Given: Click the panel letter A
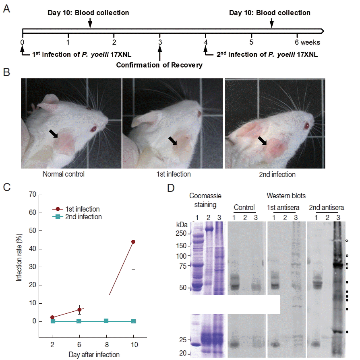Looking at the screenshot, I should click(6, 8).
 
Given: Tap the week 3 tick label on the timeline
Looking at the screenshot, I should click(160, 42).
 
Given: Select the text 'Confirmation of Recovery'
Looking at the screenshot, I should click(159, 65).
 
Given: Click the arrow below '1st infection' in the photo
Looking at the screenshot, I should click(173, 140).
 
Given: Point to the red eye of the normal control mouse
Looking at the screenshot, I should click(93, 129).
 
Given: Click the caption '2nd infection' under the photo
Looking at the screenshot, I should click(277, 175).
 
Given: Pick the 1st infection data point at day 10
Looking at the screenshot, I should click(133, 242).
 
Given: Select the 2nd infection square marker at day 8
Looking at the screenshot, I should click(106, 321).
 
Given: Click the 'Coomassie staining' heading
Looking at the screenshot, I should click(203, 200).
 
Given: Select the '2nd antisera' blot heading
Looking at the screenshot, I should click(326, 208).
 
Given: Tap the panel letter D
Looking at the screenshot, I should click(171, 187).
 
